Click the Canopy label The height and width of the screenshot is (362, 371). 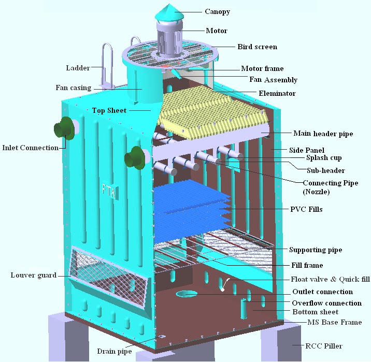tap(217, 12)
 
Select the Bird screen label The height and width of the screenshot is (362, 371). tap(257, 47)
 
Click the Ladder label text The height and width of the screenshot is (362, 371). tap(78, 68)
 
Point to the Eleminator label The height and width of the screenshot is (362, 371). tap(277, 94)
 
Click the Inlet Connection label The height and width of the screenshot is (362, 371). tap(31, 148)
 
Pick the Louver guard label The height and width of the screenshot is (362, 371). tap(34, 274)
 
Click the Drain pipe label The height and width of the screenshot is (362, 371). tap(114, 351)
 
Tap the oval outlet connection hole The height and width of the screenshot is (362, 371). tap(187, 294)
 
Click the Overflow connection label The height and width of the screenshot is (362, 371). tap(326, 303)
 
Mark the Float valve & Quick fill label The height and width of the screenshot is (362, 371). tap(330, 279)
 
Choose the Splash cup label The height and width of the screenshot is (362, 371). tap(323, 158)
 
